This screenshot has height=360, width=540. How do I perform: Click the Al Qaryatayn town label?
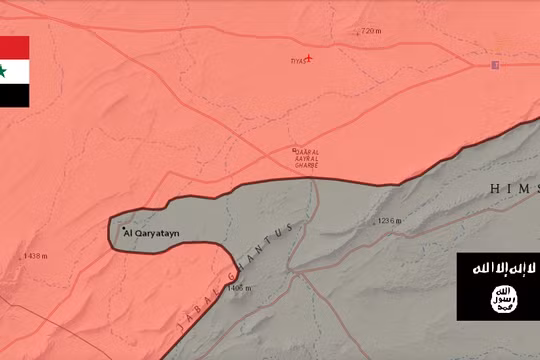click(x=153, y=233)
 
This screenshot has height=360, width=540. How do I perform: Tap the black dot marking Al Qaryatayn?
click(x=124, y=230)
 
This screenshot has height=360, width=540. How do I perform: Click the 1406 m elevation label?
click(x=239, y=289)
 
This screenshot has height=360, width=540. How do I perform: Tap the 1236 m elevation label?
click(x=388, y=220)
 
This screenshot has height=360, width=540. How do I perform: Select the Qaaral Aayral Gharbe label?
click(x=305, y=158)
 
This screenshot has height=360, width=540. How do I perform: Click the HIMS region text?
click(x=514, y=188)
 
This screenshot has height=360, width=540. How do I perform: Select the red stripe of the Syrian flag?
click(x=14, y=47)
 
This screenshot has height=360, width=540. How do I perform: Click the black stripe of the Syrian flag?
click(x=14, y=95)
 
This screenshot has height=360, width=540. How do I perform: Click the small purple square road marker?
click(x=494, y=65)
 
